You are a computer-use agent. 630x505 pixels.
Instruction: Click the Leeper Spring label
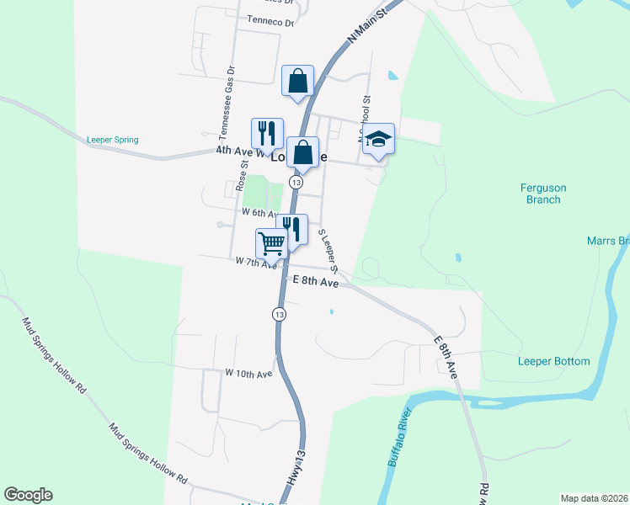click(112, 140)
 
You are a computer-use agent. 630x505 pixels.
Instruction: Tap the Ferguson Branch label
click(540, 194)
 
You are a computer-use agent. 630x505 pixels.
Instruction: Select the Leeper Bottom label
click(553, 361)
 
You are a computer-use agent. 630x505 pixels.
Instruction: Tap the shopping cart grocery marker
click(272, 243)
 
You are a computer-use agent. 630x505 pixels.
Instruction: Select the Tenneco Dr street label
click(271, 23)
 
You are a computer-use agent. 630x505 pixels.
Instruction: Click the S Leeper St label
click(328, 251)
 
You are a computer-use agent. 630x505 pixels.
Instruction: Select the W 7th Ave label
click(257, 264)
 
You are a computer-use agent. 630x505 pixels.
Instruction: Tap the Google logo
click(28, 495)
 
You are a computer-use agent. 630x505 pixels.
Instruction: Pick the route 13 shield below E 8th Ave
click(280, 313)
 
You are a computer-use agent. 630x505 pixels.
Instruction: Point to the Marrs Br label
click(608, 241)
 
